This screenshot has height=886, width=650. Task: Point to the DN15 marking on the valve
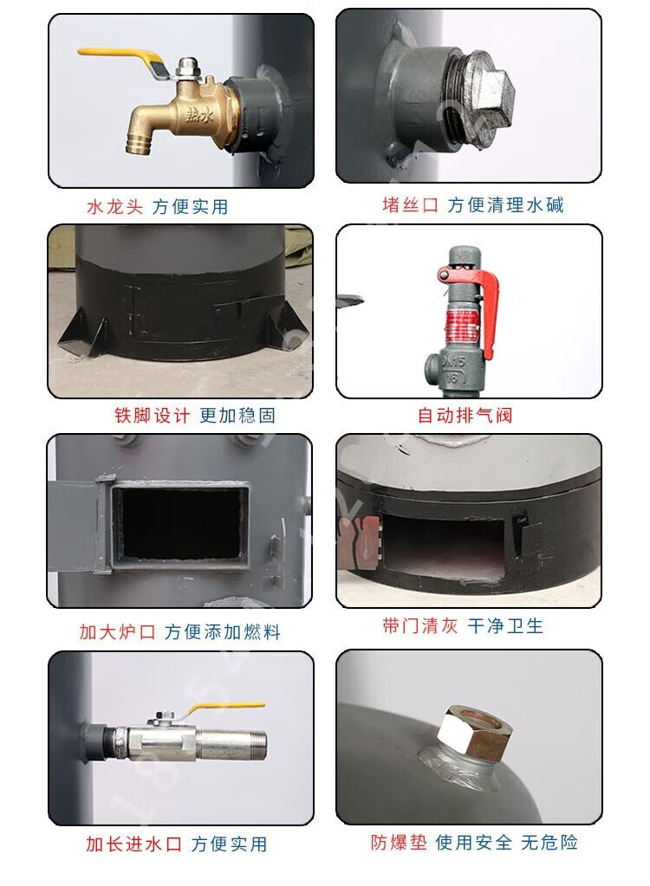[453, 361]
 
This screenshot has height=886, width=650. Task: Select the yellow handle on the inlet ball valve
[225, 708]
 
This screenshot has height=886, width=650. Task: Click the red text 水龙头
[115, 207]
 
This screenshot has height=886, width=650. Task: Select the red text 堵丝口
[410, 204]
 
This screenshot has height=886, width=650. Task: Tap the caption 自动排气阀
[465, 416]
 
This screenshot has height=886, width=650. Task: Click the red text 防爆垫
[399, 843]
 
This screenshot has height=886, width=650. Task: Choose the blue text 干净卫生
[504, 626]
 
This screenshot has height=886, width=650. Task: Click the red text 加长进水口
[133, 844]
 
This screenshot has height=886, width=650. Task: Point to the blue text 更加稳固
[237, 416]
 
